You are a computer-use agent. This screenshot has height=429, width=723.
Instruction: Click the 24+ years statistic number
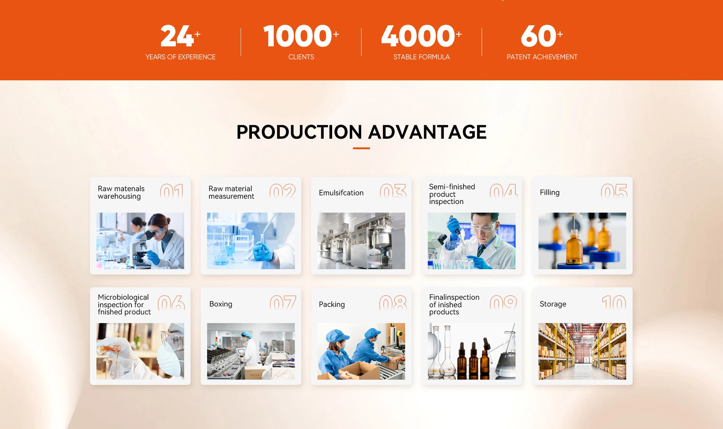coord(180,36)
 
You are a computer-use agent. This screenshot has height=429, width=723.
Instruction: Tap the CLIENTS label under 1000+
coord(301,57)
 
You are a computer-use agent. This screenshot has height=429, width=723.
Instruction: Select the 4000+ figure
coord(421,36)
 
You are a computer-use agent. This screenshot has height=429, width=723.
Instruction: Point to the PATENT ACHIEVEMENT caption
coord(542,57)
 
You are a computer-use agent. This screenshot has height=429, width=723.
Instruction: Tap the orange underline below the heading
coord(361,148)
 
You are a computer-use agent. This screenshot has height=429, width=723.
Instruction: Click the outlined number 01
coord(172,191)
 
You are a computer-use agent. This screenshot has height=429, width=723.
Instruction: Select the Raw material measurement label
coord(231,192)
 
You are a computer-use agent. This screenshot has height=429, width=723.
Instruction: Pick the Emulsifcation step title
coord(341,193)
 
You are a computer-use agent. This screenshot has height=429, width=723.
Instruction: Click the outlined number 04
coord(503,191)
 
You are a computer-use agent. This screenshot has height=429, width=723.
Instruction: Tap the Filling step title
coord(550,192)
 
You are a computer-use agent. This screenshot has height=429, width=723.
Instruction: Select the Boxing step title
coord(221,304)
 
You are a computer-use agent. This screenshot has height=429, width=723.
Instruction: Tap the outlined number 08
coord(393,302)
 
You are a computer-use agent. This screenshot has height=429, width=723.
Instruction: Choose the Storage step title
coord(553,304)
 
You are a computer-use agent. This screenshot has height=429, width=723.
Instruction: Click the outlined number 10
coord(614,302)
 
